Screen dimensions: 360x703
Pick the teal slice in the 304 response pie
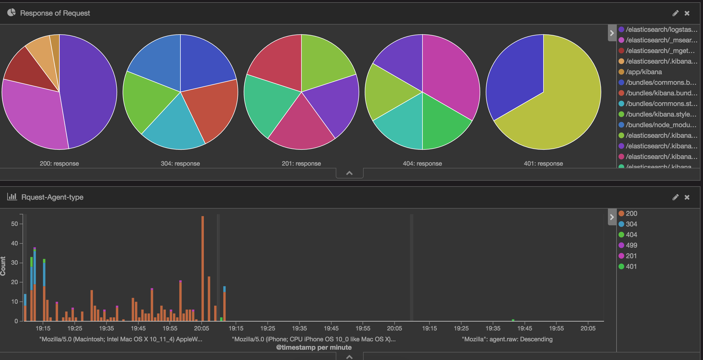click(173, 128)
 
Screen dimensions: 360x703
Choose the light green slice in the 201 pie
click(323, 61)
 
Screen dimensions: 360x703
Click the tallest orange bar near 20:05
click(202, 268)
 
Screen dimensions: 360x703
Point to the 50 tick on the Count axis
click(15, 224)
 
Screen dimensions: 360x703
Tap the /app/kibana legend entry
click(643, 72)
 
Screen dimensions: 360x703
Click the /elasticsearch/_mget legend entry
click(659, 51)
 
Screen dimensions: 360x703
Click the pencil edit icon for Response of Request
click(675, 13)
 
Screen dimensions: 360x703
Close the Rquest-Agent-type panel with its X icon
click(687, 197)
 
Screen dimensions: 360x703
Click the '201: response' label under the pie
click(301, 164)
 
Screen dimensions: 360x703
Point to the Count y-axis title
click(3, 266)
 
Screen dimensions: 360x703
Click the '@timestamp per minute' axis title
click(314, 347)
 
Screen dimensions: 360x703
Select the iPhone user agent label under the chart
click(314, 339)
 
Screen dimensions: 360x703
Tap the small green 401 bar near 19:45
click(513, 320)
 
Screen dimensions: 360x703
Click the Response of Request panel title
click(55, 13)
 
